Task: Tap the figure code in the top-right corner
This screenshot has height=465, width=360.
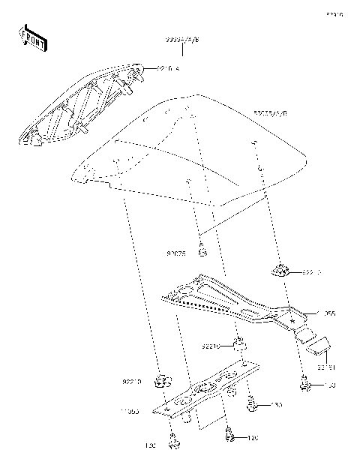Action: [334, 14]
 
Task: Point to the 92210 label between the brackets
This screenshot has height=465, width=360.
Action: [211, 347]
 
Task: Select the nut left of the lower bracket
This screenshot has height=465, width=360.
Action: [160, 380]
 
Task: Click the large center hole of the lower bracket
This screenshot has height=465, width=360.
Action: [203, 389]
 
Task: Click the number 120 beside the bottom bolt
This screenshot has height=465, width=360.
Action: [253, 436]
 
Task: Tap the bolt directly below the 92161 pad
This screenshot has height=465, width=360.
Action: [306, 385]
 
